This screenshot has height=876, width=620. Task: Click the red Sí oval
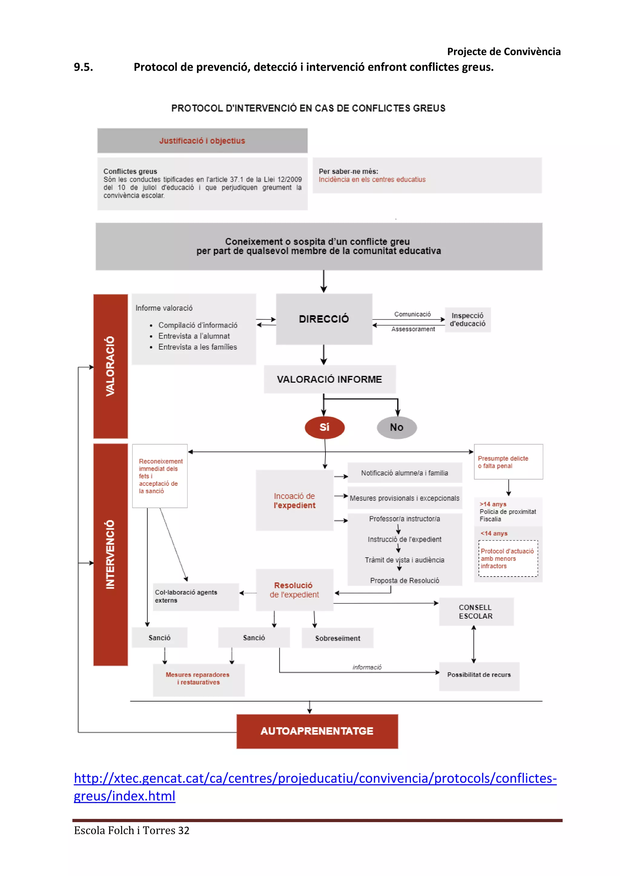pyautogui.click(x=325, y=427)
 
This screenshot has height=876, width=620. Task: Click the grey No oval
pyautogui.click(x=397, y=427)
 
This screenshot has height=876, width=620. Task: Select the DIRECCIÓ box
pyautogui.click(x=324, y=319)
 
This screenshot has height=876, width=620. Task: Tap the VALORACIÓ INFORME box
pyautogui.click(x=329, y=379)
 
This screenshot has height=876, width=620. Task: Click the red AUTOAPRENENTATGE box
pyautogui.click(x=317, y=731)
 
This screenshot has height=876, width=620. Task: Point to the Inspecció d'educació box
pyautogui.click(x=467, y=320)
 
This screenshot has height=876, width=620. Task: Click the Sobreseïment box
pyautogui.click(x=338, y=638)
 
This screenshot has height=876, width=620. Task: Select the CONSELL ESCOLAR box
pyautogui.click(x=476, y=612)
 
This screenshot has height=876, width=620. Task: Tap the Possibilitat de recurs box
pyautogui.click(x=479, y=675)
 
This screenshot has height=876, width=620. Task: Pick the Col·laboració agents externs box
pyautogui.click(x=196, y=596)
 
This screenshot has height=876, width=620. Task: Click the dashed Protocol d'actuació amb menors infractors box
pyautogui.click(x=508, y=559)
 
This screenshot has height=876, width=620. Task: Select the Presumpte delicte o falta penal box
pyautogui.click(x=508, y=462)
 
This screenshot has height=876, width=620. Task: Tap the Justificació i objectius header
pyautogui.click(x=202, y=141)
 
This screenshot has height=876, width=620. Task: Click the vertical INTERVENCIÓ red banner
pyautogui.click(x=110, y=554)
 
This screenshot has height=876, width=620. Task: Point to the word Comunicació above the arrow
pyautogui.click(x=412, y=314)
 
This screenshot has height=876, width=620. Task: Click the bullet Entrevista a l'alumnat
pyautogui.click(x=194, y=336)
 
